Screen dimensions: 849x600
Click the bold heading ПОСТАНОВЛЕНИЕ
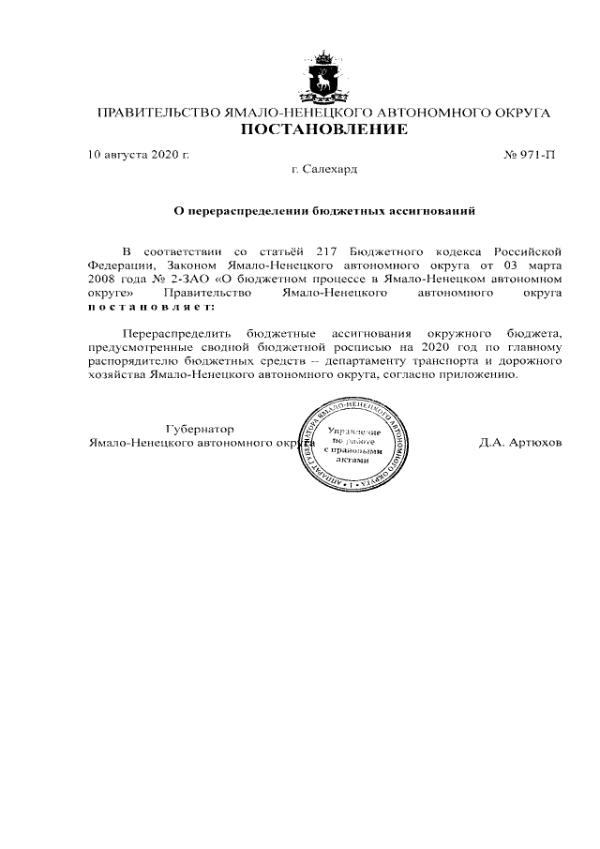click(x=323, y=129)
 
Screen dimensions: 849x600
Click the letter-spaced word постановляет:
click(x=151, y=307)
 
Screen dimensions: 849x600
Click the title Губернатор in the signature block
click(x=200, y=428)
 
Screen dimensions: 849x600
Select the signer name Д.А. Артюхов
click(x=520, y=442)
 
